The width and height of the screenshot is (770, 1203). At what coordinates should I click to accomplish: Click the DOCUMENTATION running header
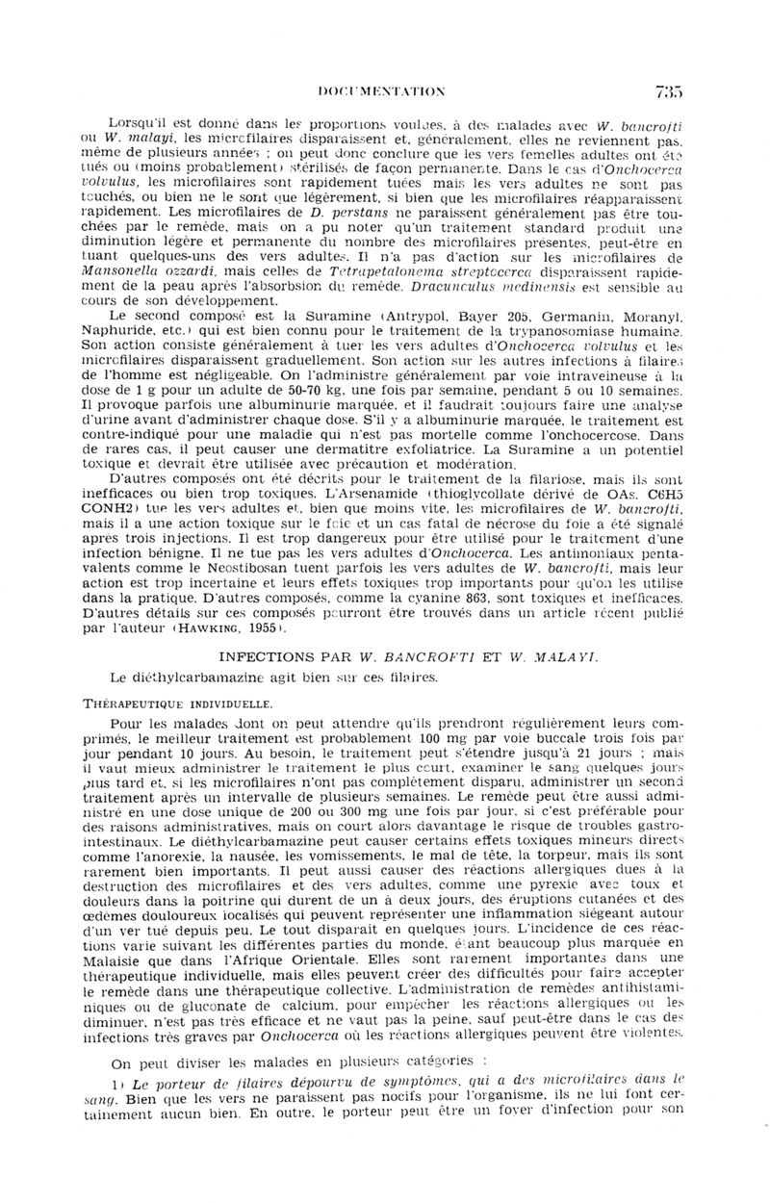tap(382, 92)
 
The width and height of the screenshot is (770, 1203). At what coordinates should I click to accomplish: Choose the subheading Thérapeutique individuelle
tap(180, 704)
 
